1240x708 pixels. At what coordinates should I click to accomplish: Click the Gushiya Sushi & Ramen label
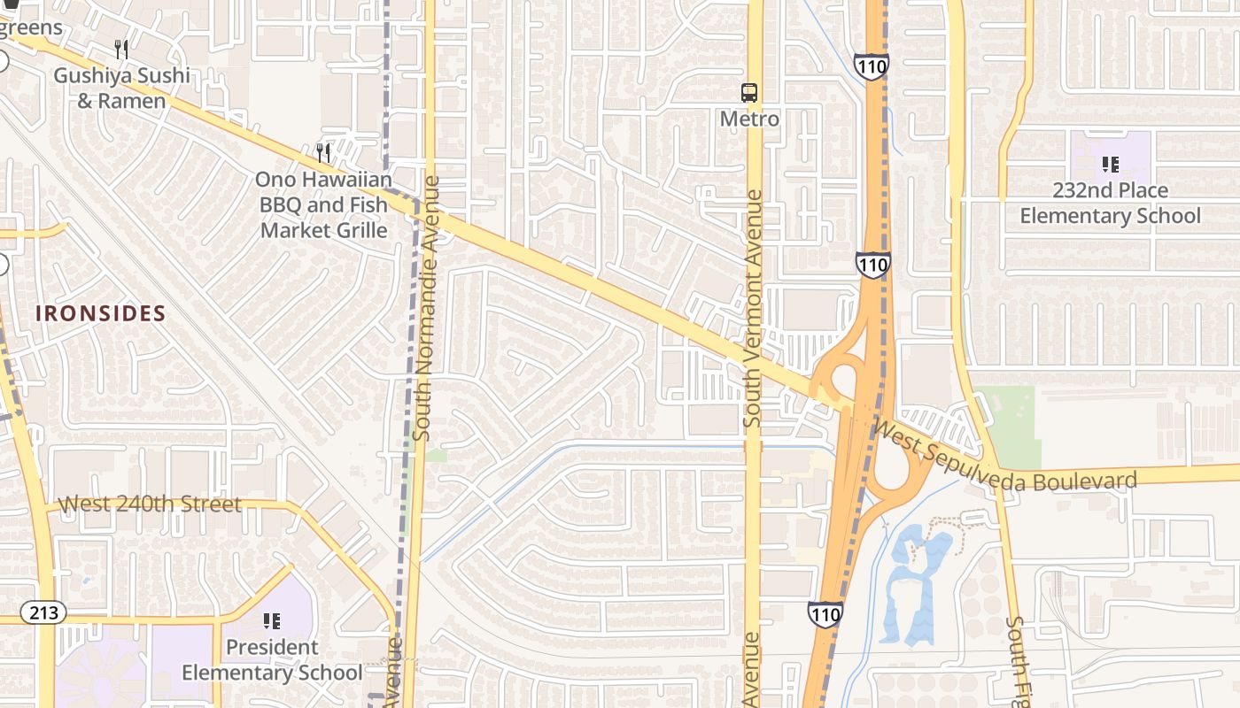pos(121,88)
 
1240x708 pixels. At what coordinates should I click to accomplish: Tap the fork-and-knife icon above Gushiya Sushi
pos(122,49)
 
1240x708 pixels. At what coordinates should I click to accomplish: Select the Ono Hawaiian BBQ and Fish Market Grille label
pos(323,205)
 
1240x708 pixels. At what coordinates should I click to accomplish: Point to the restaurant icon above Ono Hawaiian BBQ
pos(323,152)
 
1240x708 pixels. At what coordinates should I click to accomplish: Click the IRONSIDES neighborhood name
pos(100,313)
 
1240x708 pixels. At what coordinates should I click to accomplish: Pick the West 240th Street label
pos(150,504)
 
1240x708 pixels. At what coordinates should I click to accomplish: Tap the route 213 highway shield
pos(43,612)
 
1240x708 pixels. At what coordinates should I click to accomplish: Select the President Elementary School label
pos(272,659)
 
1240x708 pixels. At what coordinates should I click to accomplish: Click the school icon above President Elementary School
pos(272,621)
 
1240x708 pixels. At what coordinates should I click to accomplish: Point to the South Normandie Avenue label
pos(426,308)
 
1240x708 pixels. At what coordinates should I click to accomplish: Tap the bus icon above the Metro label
pos(749,92)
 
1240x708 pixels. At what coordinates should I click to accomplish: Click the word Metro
pos(749,119)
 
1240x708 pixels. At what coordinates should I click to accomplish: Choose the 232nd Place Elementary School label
pos(1110,203)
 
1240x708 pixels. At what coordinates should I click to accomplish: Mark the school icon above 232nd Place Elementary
pos(1110,164)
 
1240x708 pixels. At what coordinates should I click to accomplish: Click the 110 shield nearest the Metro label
pos(872,66)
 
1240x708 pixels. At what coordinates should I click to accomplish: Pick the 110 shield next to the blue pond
pos(825,613)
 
